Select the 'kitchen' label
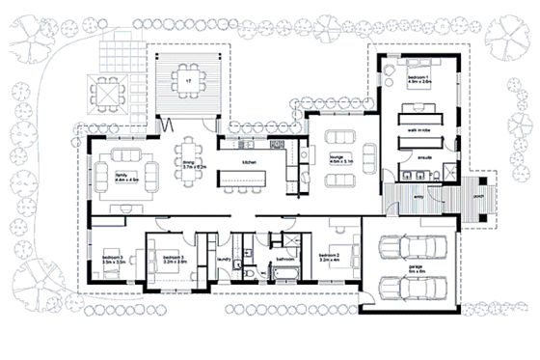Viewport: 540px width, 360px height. pyautogui.click(x=248, y=162)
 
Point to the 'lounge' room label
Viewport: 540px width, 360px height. pyautogui.click(x=338, y=156)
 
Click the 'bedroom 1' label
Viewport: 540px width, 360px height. pyautogui.click(x=418, y=77)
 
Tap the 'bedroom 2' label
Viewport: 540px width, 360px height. pyautogui.click(x=330, y=258)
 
